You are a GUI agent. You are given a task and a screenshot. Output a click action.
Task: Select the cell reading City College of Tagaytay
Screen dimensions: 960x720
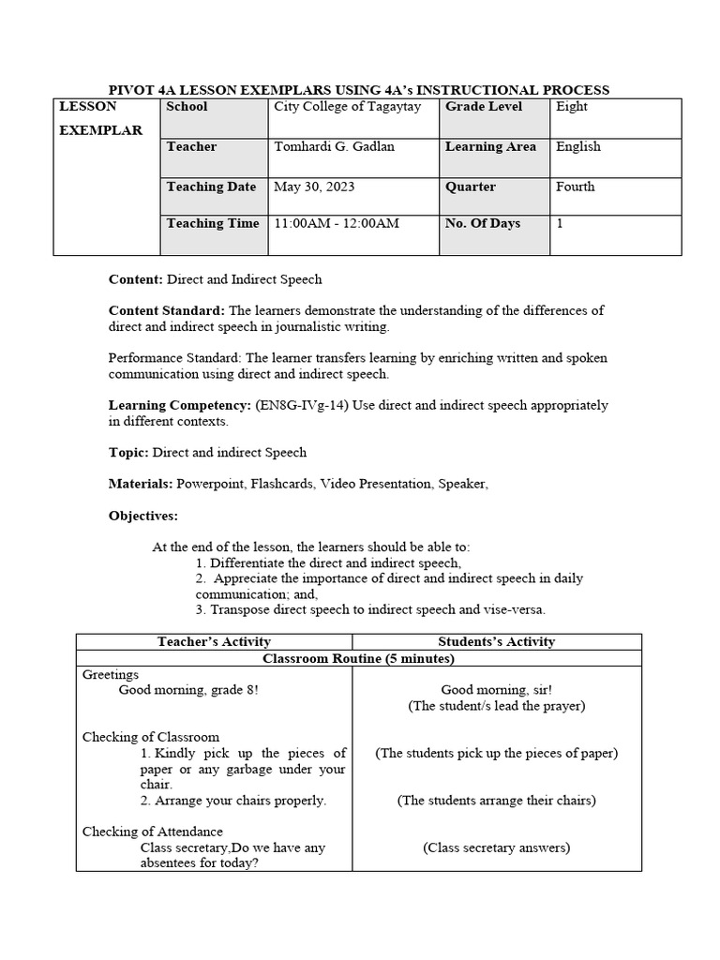coord(347,107)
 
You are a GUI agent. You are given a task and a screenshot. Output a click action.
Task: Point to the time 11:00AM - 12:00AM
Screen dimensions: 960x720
coord(337,224)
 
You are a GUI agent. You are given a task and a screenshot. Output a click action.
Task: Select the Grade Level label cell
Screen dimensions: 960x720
coord(484,107)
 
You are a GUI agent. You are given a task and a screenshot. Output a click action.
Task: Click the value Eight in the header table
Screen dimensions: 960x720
coord(572,107)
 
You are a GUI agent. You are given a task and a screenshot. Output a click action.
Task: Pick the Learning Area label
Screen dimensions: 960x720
coord(490,147)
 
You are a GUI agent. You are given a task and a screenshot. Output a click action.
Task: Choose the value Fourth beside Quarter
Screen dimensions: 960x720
coord(575,187)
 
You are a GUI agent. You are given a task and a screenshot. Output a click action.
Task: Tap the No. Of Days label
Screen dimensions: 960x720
coord(483,224)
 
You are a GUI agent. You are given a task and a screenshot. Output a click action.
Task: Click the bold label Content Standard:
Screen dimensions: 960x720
coord(167,310)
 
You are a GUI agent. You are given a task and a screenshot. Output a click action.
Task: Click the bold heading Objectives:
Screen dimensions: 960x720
coord(142,516)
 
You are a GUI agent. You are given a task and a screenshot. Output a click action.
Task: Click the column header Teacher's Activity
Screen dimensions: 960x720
coord(214,642)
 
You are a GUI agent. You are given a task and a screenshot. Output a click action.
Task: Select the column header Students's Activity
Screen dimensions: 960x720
coord(496,642)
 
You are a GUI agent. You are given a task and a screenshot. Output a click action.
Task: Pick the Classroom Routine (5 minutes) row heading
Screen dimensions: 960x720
coord(358,659)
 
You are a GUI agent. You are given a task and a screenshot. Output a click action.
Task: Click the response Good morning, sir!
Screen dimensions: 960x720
coord(496,690)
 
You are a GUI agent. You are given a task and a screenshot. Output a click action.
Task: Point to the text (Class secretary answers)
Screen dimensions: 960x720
coord(496,847)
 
